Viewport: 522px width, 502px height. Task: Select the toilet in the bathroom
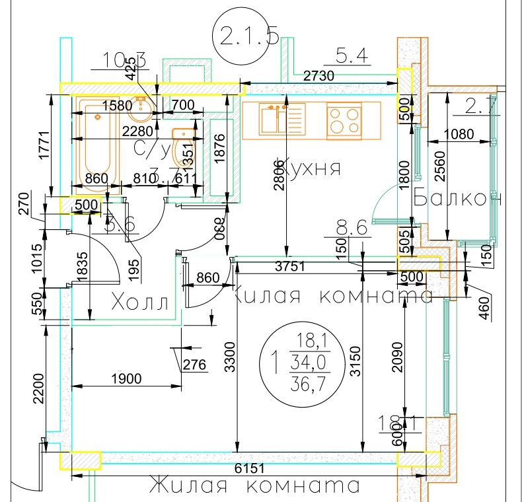pos(182,148)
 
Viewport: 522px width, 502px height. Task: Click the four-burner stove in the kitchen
pos(344,120)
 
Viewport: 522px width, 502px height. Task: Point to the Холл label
pos(142,303)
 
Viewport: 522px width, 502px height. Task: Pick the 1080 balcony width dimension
pos(459,134)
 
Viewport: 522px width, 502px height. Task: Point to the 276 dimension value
pos(194,365)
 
